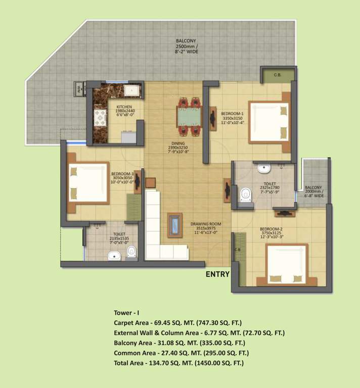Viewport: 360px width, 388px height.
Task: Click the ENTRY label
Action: coord(217,275)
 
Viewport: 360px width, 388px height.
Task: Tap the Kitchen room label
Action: coord(124,107)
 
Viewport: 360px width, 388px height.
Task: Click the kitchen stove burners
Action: coord(100,119)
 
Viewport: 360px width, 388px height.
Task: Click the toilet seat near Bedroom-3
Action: coord(131,251)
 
